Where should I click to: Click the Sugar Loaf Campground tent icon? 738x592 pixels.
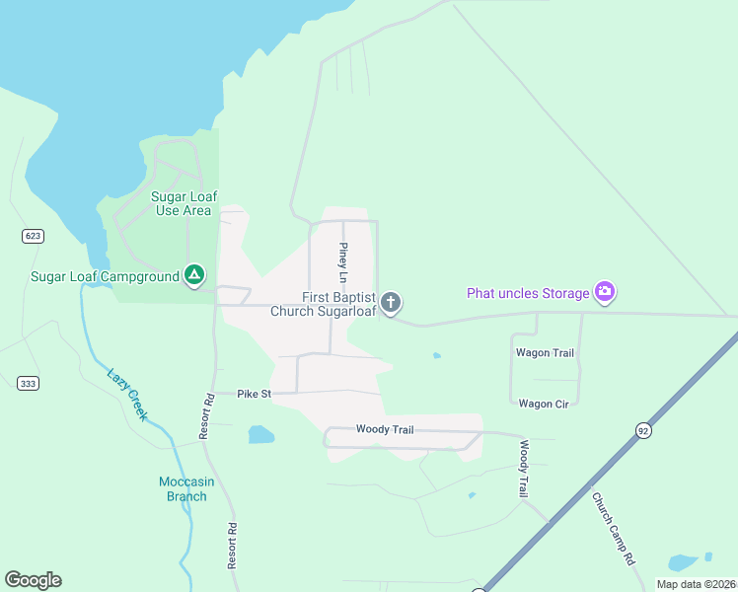pos(194,275)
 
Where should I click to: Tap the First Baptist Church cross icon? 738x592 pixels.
pos(391,302)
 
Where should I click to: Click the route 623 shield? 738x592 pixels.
pos(33,236)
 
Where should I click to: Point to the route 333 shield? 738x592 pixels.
pos(28,383)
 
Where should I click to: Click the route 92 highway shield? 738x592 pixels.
pos(643,430)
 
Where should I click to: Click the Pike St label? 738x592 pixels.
pos(254,394)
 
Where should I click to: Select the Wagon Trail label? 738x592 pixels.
pos(544,352)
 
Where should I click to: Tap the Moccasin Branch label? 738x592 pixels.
pos(186,488)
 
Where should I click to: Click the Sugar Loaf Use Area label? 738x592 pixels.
pos(183,203)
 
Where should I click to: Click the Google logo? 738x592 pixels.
pos(33,580)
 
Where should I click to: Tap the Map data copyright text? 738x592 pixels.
pos(697,584)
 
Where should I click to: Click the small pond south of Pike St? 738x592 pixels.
pos(261,434)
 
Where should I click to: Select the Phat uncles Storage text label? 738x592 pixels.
pos(528,292)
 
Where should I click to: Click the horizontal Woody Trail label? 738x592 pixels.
pos(385,429)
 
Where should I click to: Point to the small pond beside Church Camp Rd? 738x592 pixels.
pos(683,563)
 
